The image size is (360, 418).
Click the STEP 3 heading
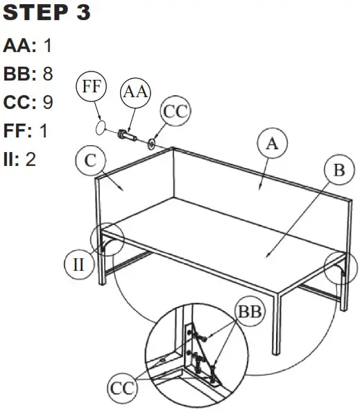[x=47, y=13]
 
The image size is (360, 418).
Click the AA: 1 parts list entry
[x=27, y=47]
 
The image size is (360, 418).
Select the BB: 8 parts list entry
[x=28, y=74]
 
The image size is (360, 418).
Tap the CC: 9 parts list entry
[x=28, y=102]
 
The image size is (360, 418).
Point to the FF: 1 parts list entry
[x=26, y=131]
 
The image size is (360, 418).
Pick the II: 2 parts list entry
[x=20, y=159]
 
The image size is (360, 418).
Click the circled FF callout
[x=90, y=87]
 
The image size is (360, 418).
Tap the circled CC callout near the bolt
[x=175, y=112]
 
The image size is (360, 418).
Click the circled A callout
[x=272, y=144]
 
